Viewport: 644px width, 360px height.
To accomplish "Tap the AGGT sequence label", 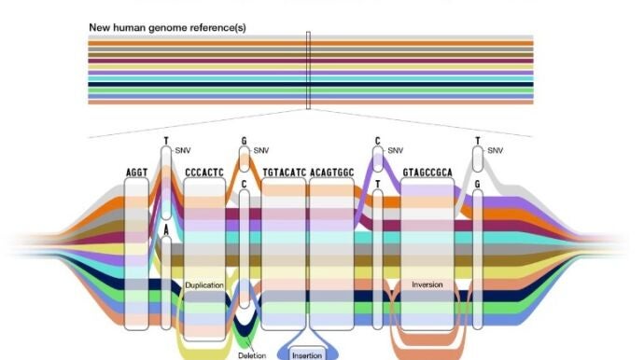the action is (137, 173).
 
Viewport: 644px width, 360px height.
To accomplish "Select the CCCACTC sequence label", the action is (204, 173).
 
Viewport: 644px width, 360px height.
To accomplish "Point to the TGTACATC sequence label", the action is (285, 173).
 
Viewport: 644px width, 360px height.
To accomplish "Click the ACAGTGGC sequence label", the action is (332, 173).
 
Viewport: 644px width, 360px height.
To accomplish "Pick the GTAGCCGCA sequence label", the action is (427, 173).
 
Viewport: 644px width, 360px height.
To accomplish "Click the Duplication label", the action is (204, 285).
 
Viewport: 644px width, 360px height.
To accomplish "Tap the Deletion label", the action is (252, 355).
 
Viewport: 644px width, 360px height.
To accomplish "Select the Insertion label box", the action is (307, 355).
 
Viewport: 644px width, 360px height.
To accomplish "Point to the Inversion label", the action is (427, 284).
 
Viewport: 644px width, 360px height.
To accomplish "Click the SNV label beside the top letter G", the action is (261, 151).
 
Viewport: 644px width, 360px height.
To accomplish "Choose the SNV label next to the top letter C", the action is (395, 151).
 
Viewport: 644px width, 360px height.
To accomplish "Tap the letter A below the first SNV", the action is (166, 230).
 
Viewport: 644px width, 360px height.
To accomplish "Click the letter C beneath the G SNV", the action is (244, 185).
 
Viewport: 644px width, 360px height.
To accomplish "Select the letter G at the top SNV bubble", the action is (244, 141).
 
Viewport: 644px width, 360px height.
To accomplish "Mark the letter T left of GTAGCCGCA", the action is (378, 185).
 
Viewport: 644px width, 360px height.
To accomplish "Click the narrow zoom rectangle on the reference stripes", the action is (308, 70).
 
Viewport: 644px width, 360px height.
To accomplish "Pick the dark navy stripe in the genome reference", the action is (311, 85).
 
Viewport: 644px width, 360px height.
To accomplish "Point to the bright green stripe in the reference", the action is (311, 90).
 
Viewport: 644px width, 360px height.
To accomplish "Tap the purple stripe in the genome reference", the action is (311, 73).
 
